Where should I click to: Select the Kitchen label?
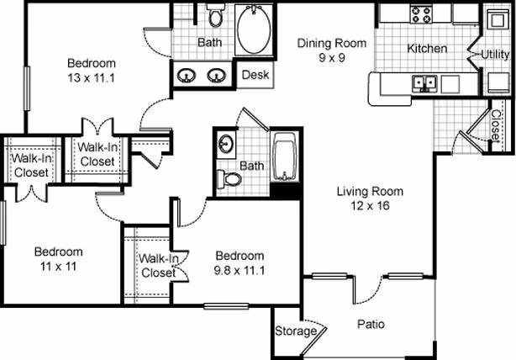427,49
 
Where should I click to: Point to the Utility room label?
495,55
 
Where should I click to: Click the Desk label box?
255,75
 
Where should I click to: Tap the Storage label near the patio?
296,331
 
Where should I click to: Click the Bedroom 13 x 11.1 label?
92,70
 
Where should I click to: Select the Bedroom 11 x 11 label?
58,258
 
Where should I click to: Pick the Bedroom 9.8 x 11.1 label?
240,262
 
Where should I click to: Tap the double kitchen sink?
425,82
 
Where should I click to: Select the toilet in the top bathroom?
214,17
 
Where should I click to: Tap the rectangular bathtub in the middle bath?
286,158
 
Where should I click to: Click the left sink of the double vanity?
189,75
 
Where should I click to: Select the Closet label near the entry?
494,126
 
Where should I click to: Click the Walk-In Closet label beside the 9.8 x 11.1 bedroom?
157,266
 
